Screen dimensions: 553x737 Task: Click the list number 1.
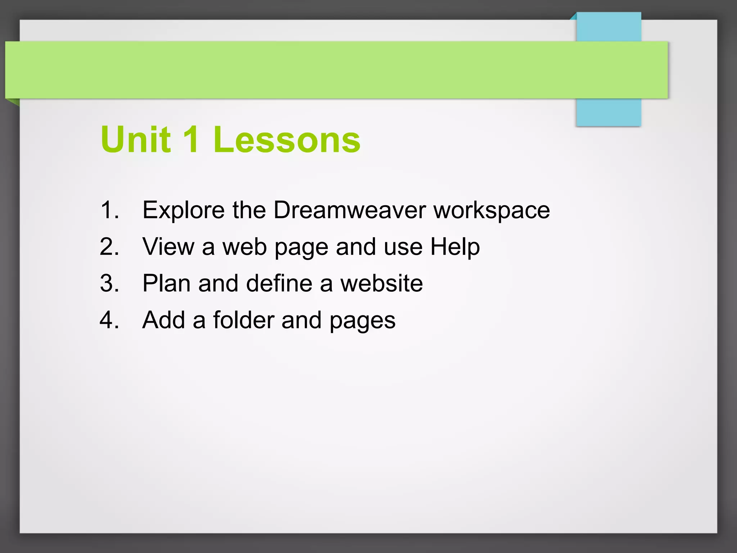click(x=109, y=210)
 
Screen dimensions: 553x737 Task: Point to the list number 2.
click(x=109, y=247)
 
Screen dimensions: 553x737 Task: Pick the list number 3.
click(x=109, y=283)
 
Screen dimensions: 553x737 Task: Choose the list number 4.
click(x=109, y=320)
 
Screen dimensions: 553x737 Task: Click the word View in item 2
click(x=168, y=247)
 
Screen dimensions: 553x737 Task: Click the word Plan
click(x=166, y=283)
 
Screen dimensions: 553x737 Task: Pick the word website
click(x=381, y=283)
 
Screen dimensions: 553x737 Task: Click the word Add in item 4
click(x=164, y=320)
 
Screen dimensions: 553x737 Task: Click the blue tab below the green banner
click(x=608, y=112)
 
